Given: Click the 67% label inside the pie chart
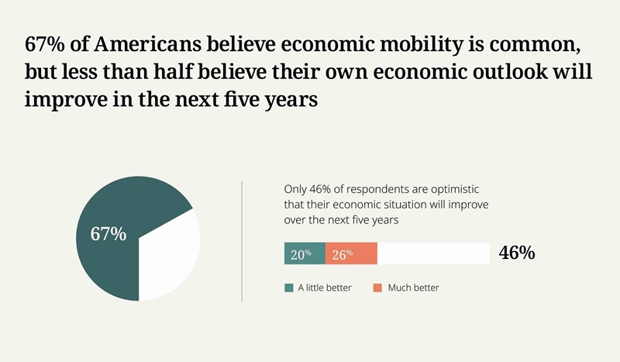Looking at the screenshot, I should point(108,233).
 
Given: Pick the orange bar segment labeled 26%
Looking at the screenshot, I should point(351,253).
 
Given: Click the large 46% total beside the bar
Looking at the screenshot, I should point(517,253).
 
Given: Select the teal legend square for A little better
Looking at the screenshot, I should point(289,288).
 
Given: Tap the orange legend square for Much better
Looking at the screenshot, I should point(377,288).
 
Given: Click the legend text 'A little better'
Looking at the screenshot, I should point(325,288).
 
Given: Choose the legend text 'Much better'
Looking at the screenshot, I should point(413,288).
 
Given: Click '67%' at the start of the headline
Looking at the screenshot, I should point(45,43).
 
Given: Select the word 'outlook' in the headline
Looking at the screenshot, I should point(476,72).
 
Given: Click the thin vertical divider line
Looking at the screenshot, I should point(242,240).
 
